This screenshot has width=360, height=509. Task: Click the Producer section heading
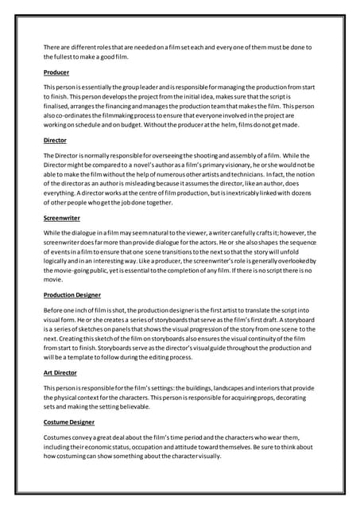coord(56,72)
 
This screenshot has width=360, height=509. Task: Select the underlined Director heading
coord(56,140)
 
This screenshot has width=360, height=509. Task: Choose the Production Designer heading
coord(73,293)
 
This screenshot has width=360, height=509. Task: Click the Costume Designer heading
coord(69,422)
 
